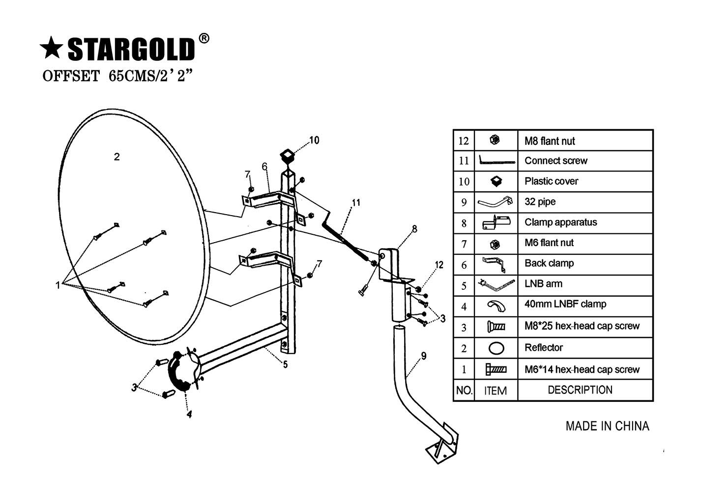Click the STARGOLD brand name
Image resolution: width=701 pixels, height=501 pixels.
pyautogui.click(x=131, y=50)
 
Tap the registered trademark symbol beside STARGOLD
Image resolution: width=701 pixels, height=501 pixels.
pyautogui.click(x=204, y=39)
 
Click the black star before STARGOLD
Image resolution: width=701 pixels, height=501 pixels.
pyautogui.click(x=51, y=50)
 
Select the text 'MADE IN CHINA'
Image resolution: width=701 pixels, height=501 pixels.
pyautogui.click(x=607, y=426)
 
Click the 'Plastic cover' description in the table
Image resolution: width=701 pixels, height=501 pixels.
pyautogui.click(x=551, y=181)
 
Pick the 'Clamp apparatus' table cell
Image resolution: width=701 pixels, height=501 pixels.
pyautogui.click(x=560, y=223)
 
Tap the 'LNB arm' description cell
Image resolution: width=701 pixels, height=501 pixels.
pyautogui.click(x=543, y=284)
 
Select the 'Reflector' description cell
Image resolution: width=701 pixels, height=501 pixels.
pyautogui.click(x=543, y=348)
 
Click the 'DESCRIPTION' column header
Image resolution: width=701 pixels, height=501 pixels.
pyautogui.click(x=580, y=390)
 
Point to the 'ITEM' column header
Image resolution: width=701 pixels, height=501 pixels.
pyautogui.click(x=495, y=391)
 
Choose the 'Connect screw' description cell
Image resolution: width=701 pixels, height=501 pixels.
pyautogui.click(x=555, y=161)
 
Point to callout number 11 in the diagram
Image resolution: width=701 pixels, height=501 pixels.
pyautogui.click(x=356, y=202)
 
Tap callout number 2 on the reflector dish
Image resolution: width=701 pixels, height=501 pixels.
pyautogui.click(x=117, y=157)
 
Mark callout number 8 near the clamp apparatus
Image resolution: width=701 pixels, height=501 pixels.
pyautogui.click(x=414, y=229)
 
